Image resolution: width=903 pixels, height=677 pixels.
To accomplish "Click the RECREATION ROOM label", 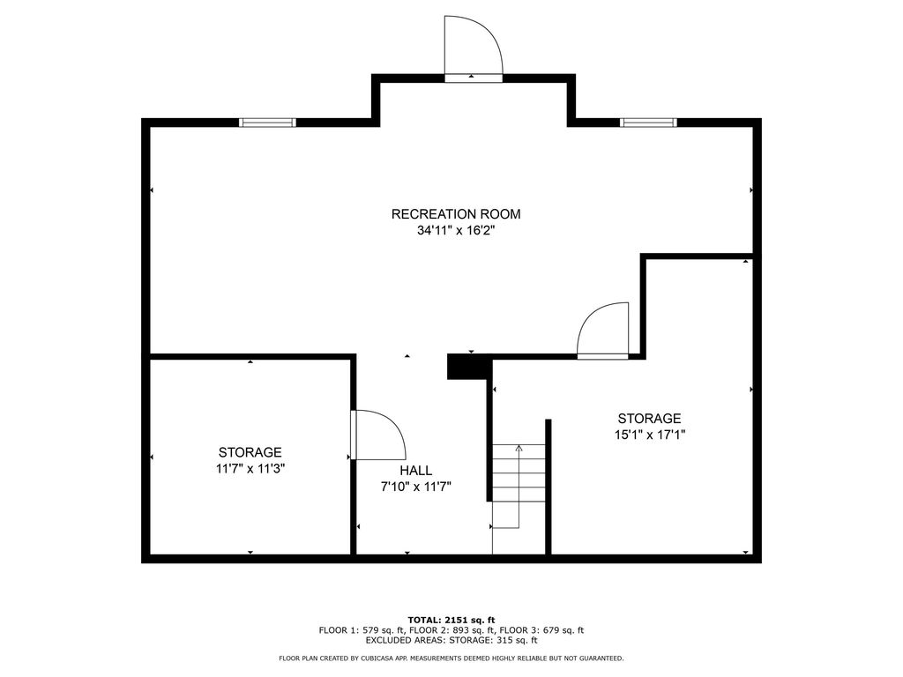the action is [x=456, y=214].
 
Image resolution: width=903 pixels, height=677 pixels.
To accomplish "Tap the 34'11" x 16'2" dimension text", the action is [x=456, y=231].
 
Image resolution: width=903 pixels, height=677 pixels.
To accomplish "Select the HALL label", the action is [x=416, y=471].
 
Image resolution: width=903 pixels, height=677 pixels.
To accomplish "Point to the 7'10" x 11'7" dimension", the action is [x=416, y=487].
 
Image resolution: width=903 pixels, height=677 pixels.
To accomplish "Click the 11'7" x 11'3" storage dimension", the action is [x=250, y=469].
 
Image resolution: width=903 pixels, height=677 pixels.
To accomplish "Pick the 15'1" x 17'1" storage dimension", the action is [x=650, y=435].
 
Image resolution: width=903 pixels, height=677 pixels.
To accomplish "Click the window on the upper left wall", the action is [x=267, y=122].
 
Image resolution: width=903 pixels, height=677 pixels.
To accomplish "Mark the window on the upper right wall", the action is [x=648, y=122].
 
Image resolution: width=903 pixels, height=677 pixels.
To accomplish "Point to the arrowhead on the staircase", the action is [x=519, y=447].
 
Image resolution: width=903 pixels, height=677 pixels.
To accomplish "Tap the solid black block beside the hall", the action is [x=469, y=367].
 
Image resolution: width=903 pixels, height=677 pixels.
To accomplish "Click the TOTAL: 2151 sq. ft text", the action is [x=451, y=620].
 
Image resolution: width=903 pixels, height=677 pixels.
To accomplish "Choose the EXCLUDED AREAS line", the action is [x=451, y=640].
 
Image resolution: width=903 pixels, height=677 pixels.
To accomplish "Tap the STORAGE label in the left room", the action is [x=250, y=452].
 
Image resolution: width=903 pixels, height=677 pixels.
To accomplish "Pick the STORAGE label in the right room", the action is [x=650, y=419].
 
